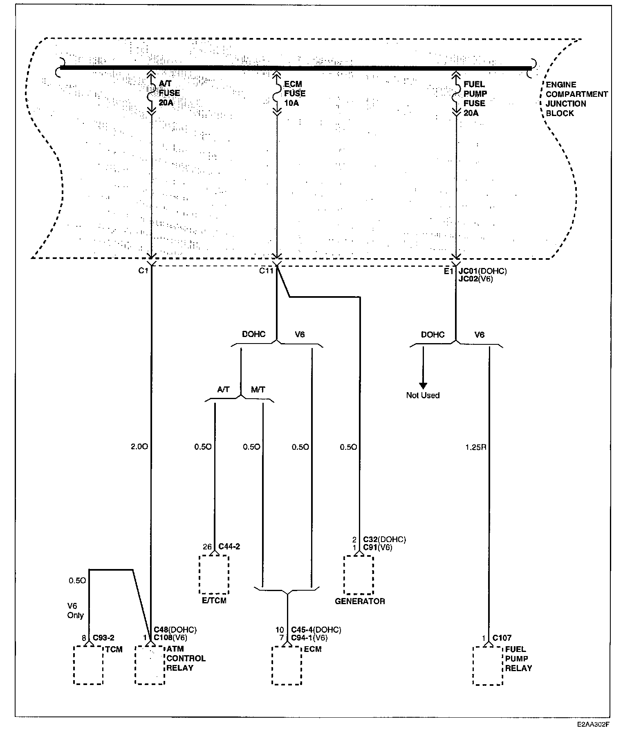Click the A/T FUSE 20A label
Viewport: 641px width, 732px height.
169,94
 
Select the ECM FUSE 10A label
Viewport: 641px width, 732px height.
295,94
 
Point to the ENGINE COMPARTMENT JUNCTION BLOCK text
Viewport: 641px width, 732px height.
576,99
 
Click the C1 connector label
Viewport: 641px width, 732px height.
142,270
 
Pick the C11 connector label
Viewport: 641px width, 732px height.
266,270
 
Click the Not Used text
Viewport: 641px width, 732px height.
423,395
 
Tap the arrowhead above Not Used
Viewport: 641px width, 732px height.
423,385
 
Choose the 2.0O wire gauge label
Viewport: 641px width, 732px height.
139,447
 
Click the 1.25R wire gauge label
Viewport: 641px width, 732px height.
475,447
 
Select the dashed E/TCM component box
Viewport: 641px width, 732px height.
214,574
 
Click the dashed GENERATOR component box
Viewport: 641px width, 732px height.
359,574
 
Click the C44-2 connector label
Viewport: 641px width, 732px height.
229,547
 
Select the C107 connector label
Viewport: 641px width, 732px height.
502,638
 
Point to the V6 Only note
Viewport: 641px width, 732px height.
76,611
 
